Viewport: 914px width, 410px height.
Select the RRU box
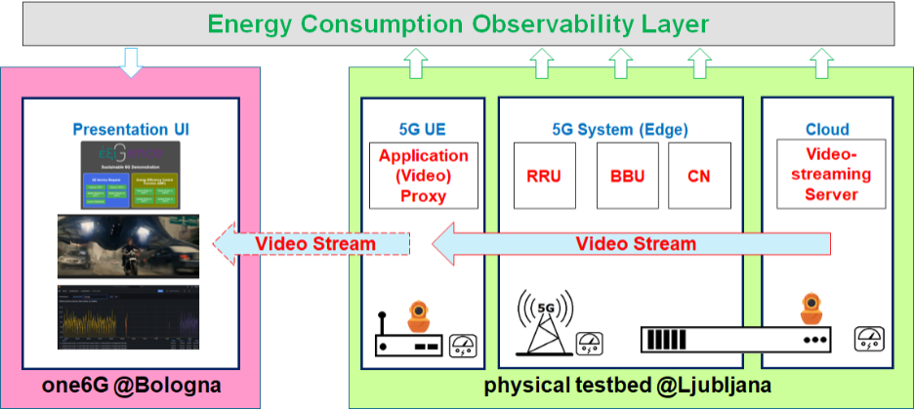(x=543, y=176)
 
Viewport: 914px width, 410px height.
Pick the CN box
(x=699, y=176)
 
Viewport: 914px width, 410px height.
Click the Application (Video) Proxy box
(x=424, y=176)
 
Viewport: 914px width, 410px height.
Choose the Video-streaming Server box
(x=831, y=174)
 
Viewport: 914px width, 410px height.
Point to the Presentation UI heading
(x=129, y=129)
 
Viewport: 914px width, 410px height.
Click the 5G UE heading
(x=423, y=129)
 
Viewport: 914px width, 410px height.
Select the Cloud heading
(x=827, y=129)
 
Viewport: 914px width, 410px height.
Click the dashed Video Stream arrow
(x=312, y=243)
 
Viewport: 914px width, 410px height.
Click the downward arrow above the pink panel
(x=129, y=61)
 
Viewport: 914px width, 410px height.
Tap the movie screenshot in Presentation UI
(x=129, y=247)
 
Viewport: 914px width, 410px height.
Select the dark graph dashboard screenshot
(x=129, y=317)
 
